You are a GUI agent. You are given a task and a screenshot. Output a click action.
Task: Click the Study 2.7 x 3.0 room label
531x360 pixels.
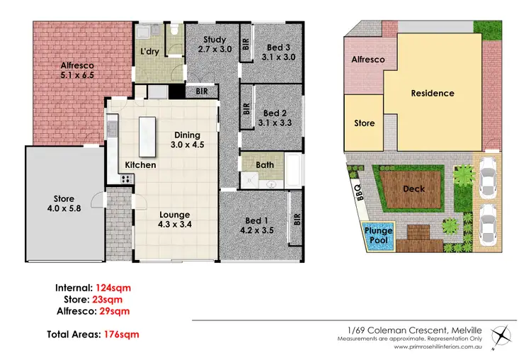click(x=214, y=45)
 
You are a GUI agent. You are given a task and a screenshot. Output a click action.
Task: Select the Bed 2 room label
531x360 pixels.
click(x=273, y=117)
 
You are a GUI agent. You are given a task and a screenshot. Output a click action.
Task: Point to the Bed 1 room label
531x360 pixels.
click(x=256, y=224)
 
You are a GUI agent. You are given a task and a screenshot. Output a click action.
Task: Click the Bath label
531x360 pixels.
click(x=265, y=165)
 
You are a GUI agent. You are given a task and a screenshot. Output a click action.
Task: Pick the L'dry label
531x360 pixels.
click(x=149, y=52)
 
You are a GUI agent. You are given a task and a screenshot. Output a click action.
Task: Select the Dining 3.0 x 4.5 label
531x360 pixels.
click(x=188, y=140)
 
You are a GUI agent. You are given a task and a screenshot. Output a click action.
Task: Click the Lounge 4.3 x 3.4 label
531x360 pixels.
click(x=175, y=220)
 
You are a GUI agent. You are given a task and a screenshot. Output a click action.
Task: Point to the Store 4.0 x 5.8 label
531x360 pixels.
click(x=54, y=203)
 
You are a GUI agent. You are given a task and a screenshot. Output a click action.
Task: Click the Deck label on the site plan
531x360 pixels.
click(x=413, y=189)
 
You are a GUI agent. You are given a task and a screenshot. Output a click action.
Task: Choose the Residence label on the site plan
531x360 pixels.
click(x=433, y=93)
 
